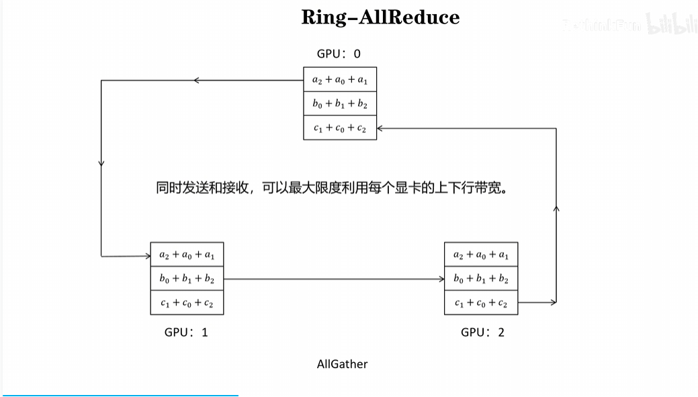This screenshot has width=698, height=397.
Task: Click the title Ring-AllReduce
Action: [x=380, y=17]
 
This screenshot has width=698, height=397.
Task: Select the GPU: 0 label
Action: [x=339, y=54]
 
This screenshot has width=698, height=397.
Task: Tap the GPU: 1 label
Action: [x=186, y=332]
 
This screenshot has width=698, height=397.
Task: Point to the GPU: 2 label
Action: [x=482, y=332]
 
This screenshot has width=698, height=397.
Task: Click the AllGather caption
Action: [x=342, y=364]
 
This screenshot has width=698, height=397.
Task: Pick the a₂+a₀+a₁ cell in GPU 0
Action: [x=340, y=80]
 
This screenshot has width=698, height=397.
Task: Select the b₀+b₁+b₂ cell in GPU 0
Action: [x=340, y=104]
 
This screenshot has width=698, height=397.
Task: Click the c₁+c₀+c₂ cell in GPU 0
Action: [x=340, y=128]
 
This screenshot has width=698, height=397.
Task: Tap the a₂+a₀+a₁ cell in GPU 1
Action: [x=187, y=255]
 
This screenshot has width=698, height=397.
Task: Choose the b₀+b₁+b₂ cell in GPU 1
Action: [x=187, y=279]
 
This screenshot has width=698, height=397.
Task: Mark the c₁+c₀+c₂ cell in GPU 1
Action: [x=187, y=303]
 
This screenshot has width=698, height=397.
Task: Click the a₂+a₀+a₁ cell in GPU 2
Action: [x=481, y=255]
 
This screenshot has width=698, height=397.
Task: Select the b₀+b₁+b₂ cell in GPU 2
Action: [x=481, y=279]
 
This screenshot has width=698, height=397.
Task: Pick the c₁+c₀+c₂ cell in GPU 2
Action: [x=481, y=303]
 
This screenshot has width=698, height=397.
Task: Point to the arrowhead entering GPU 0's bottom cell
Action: [x=381, y=128]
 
